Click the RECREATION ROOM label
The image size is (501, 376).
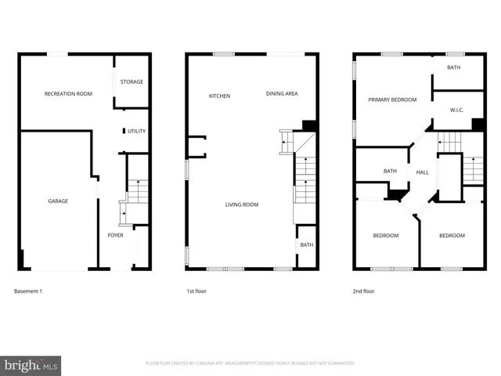pyautogui.click(x=68, y=94)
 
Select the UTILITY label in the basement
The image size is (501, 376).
pyautogui.click(x=136, y=132)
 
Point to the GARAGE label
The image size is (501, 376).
pyautogui.click(x=58, y=201)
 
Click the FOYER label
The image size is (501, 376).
pyautogui.click(x=115, y=235)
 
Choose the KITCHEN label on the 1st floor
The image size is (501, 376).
pyautogui.click(x=219, y=96)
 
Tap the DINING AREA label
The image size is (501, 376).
pyautogui.click(x=282, y=94)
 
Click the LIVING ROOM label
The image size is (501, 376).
pyautogui.click(x=242, y=205)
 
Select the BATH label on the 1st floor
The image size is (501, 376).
pyautogui.click(x=306, y=245)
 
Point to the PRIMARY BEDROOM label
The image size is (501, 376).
pyautogui.click(x=392, y=99)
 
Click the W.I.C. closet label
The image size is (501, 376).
pyautogui.click(x=457, y=110)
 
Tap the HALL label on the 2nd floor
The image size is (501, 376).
pyautogui.click(x=422, y=172)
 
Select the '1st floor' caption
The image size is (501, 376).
pyautogui.click(x=196, y=291)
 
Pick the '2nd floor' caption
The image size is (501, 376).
pyautogui.click(x=364, y=291)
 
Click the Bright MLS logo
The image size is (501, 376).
pyautogui.click(x=31, y=364)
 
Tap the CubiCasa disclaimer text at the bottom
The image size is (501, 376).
pyautogui.click(x=250, y=363)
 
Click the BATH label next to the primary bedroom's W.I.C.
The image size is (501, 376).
pyautogui.click(x=454, y=68)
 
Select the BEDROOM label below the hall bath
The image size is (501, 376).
pyautogui.click(x=385, y=236)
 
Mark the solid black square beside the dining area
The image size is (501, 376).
pyautogui.click(x=308, y=125)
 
